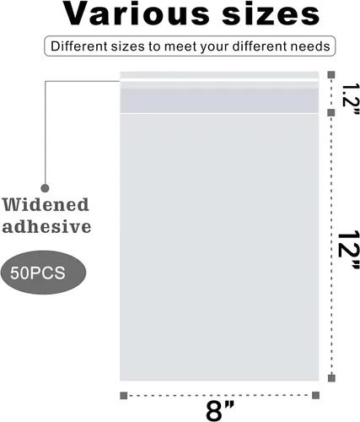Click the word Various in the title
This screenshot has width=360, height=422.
136,14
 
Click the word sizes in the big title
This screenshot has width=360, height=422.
271,14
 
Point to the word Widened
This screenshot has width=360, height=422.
46,204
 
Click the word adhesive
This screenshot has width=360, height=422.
46,226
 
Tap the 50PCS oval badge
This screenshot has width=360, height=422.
43,273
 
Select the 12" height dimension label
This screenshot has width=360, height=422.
347,250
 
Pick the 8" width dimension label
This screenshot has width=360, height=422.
219,411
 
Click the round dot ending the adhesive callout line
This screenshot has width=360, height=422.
45,188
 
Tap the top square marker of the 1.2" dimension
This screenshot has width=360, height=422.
331,75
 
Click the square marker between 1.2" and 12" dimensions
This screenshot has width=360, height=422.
331,113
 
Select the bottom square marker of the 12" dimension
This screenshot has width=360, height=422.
331,378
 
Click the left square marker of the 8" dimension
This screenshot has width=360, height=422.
124,396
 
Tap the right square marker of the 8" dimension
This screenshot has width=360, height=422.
315,395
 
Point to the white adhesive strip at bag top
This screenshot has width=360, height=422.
219,80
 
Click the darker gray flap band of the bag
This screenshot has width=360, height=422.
219,100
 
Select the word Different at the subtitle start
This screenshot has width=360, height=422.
79,46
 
